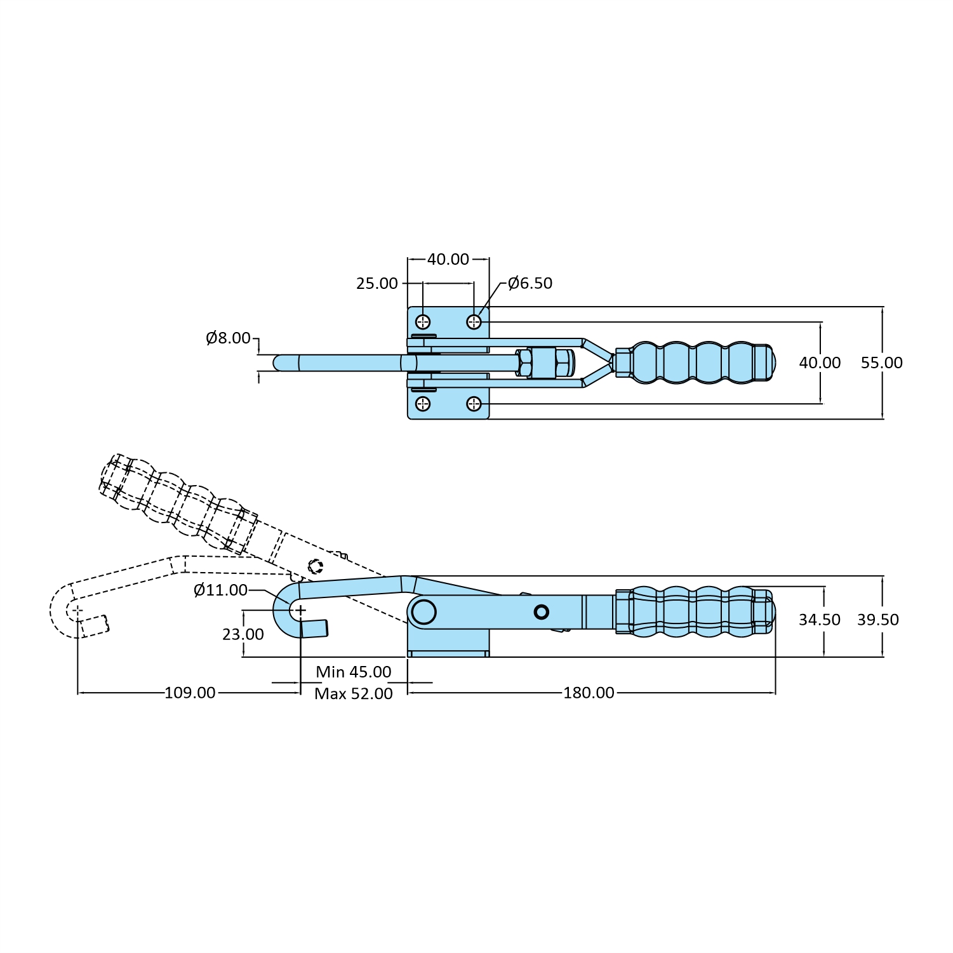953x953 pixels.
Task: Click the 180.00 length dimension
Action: [x=589, y=693]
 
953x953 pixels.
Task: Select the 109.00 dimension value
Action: [x=190, y=693]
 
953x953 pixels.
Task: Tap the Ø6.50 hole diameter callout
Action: [x=530, y=283]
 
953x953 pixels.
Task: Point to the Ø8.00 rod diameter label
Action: [x=228, y=338]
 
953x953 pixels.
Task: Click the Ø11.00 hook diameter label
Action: [x=220, y=590]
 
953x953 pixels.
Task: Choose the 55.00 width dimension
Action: [x=881, y=363]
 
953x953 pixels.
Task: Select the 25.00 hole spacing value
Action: [x=377, y=283]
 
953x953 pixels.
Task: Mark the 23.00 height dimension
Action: [x=243, y=634]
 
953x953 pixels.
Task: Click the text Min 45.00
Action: [x=353, y=672]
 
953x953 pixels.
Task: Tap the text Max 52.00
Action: [x=353, y=694]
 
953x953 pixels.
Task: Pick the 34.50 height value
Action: [x=819, y=620]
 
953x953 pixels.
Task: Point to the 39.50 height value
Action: [x=877, y=620]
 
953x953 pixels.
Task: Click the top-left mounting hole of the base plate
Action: [x=423, y=322]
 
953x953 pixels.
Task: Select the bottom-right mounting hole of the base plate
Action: [x=474, y=404]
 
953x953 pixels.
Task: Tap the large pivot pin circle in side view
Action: [x=423, y=612]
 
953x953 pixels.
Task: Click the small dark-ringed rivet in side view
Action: [x=541, y=612]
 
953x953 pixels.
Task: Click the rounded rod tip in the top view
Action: [x=279, y=363]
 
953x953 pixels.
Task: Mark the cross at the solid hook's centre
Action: [x=300, y=610]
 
